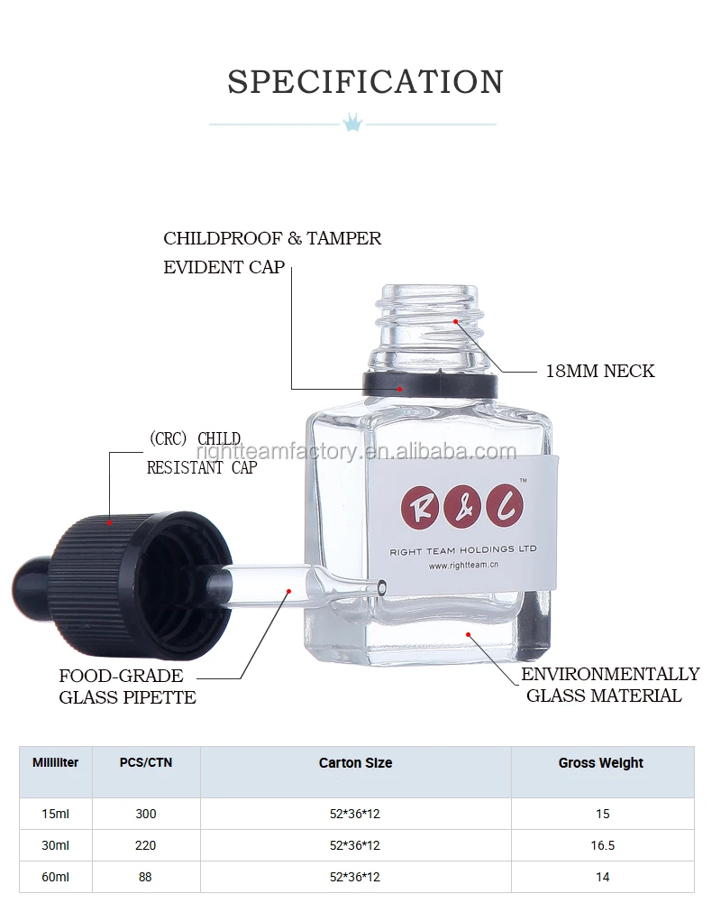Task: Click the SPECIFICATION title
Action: tap(365, 81)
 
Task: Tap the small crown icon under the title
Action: tap(352, 122)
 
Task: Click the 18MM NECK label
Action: tap(600, 371)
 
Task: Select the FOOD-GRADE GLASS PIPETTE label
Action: tap(127, 686)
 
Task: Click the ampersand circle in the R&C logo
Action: tap(462, 508)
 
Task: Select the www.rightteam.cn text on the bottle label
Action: tap(464, 566)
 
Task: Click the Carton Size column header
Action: tap(355, 763)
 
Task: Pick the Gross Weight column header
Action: tap(601, 763)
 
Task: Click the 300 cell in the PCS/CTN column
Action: tap(145, 814)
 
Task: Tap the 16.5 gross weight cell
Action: tap(602, 845)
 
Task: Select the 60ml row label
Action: tap(55, 876)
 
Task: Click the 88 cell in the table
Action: tap(145, 876)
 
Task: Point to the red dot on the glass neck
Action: tap(456, 320)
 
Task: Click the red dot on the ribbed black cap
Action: tap(110, 521)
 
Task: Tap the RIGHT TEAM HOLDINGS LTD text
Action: tap(463, 549)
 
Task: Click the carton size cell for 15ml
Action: tap(355, 814)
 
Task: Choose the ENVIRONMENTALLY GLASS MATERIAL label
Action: tap(609, 685)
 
